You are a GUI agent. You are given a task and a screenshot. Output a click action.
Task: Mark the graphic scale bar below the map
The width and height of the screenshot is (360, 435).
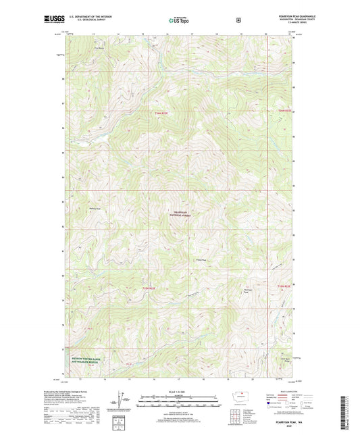coord(179,403)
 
